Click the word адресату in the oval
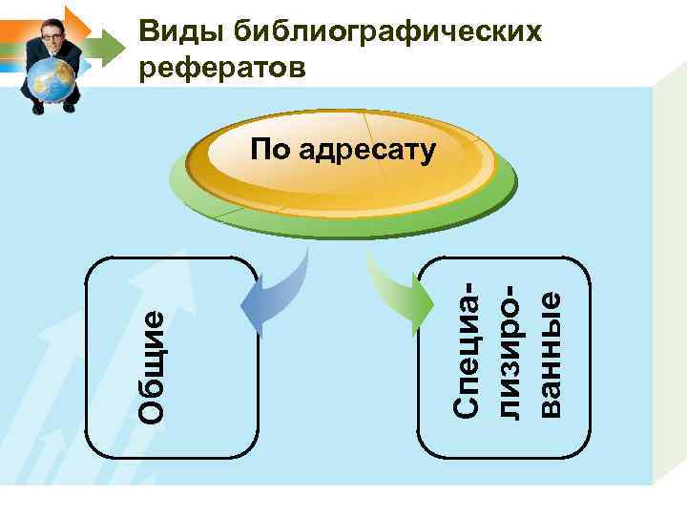[x=366, y=150]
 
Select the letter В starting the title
[x=149, y=32]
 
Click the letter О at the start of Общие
[x=154, y=409]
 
